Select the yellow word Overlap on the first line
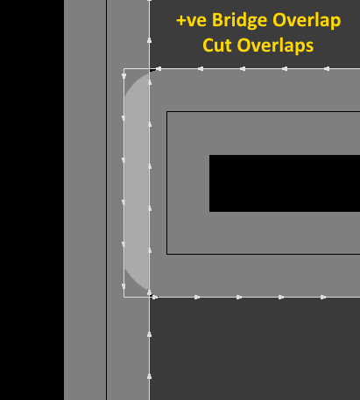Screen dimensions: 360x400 (307, 21)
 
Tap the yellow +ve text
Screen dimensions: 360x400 (193, 21)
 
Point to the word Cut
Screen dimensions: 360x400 (217, 46)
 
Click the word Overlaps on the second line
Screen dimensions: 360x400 (275, 46)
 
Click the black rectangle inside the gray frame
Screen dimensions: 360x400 (285, 183)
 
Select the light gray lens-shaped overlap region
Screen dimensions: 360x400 (137, 182)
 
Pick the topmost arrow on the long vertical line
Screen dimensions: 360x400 (149, 40)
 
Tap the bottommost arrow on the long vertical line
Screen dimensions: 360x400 (149, 376)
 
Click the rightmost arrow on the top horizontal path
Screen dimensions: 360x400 (327, 69)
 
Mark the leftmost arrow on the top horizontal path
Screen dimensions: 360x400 (159, 69)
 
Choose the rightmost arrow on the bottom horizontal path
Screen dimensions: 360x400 (323, 297)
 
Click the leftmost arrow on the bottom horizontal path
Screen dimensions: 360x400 (155, 297)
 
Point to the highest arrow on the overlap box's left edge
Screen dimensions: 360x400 (124, 76)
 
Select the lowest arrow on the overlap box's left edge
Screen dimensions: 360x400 (124, 286)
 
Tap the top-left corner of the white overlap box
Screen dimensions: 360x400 (124, 69)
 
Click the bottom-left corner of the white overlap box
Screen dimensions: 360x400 (124, 297)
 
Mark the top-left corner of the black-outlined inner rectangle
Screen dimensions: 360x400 (166, 111)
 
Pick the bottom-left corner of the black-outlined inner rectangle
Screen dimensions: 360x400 (166, 254)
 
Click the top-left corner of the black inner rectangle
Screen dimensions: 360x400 (209, 155)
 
